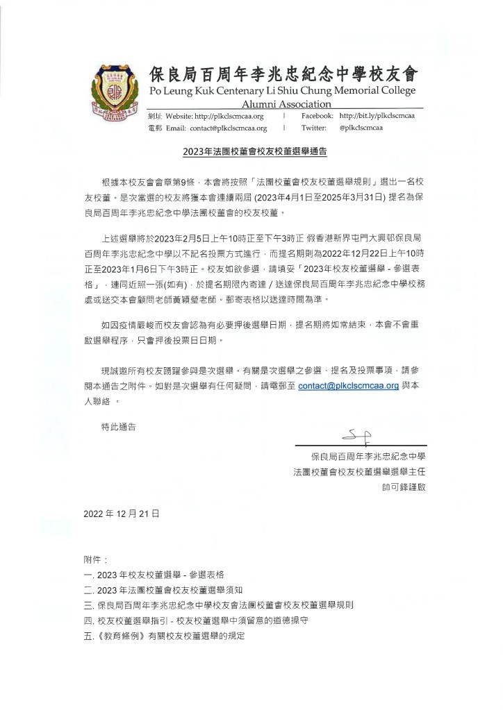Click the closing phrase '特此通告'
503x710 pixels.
(119, 427)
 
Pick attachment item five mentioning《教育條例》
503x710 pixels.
(164, 636)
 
